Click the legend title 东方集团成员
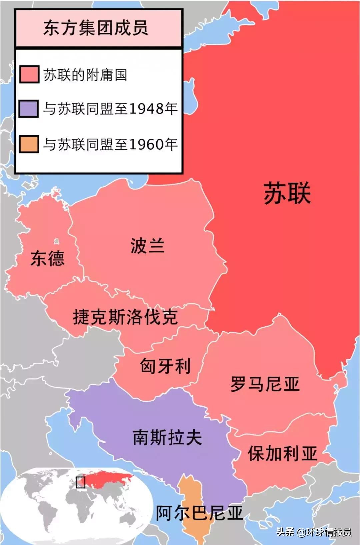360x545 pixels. click(x=96, y=28)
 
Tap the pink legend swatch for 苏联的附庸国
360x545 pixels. click(x=29, y=74)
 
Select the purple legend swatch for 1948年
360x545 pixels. click(x=29, y=109)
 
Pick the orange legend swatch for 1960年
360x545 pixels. click(x=29, y=144)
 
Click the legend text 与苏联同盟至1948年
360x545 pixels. click(x=110, y=109)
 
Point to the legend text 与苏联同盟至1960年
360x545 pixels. click(x=110, y=144)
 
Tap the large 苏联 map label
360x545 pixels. click(x=287, y=193)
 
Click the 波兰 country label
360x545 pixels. click(x=147, y=246)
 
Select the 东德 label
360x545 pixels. click(x=47, y=258)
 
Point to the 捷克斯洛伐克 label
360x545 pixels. click(x=125, y=317)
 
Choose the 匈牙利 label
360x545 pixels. click(x=165, y=366)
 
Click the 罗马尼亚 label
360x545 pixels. click(x=265, y=384)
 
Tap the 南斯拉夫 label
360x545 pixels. click(x=167, y=437)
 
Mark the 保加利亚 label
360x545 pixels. click(x=282, y=453)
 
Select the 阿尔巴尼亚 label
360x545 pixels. click(x=199, y=513)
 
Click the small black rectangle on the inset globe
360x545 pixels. click(x=81, y=482)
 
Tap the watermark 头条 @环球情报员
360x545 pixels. click(x=314, y=532)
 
